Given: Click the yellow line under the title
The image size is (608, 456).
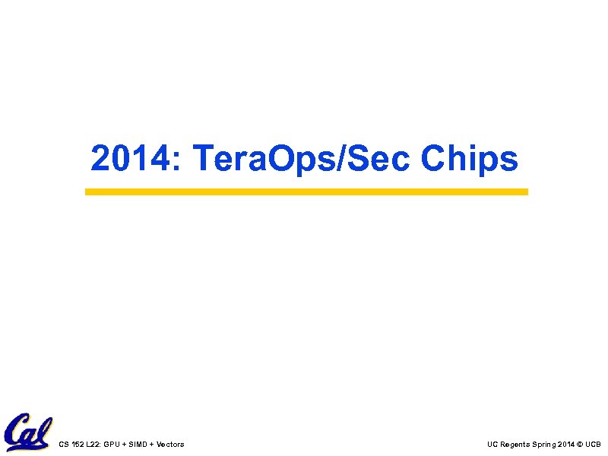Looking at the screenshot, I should pyautogui.click(x=306, y=192).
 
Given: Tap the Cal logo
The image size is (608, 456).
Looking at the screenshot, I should pyautogui.click(x=27, y=432).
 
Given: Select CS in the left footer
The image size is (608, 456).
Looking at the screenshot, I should pyautogui.click(x=63, y=444).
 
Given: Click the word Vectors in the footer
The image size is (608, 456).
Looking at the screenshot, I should pyautogui.click(x=171, y=444).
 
